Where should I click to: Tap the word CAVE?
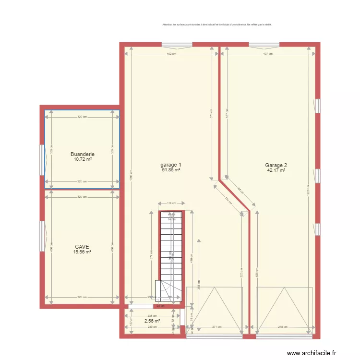82,247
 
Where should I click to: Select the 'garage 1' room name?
171,165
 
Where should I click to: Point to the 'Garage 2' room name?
276,165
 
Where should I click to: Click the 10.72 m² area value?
82,159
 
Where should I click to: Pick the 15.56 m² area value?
82,252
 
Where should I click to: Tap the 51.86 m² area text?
171,169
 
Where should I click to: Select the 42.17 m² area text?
276,170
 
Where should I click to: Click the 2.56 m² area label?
152,321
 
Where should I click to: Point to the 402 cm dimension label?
171,54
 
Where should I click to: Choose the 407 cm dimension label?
267,54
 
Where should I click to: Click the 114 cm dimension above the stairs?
171,204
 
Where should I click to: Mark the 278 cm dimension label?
285,327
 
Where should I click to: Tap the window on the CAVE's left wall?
42,236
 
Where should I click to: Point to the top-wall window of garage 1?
177,45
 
